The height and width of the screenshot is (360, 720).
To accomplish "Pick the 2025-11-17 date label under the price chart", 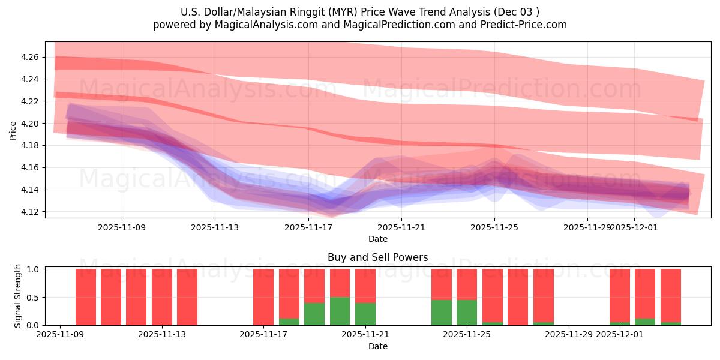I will [x=308, y=227].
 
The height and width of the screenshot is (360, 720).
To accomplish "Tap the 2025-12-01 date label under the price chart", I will [x=635, y=227].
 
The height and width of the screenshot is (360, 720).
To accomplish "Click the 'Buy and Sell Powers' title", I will [x=377, y=257].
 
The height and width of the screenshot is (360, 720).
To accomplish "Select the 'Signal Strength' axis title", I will [x=18, y=296].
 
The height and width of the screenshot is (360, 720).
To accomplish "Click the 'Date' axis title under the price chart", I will [x=377, y=239].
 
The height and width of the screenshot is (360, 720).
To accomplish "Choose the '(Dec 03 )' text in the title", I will [x=518, y=12].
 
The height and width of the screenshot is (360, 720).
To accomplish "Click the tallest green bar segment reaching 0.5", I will [x=340, y=311].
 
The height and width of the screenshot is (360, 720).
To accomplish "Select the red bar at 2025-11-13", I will [x=187, y=297].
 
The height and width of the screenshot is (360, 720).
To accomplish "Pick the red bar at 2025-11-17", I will [x=263, y=297].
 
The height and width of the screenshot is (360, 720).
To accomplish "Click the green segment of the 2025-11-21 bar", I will [x=365, y=314].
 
